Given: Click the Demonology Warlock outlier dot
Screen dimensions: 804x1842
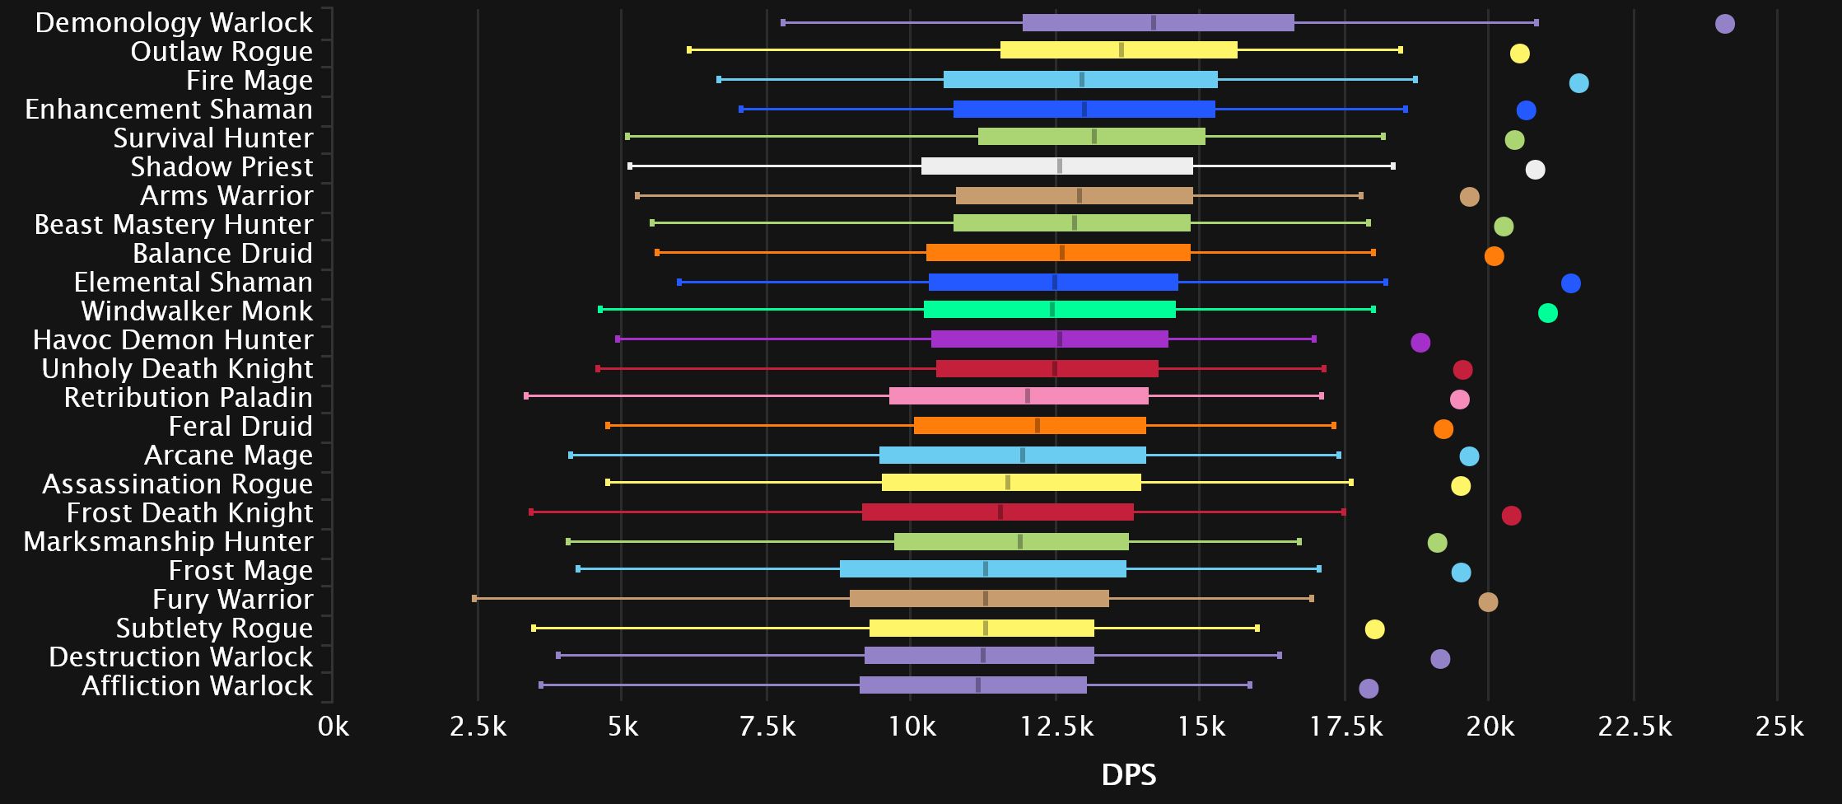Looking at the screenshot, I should pos(1724,24).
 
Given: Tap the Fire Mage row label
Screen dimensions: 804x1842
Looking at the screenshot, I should pos(249,81).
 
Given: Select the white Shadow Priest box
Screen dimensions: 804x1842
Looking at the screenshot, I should pos(1056,166).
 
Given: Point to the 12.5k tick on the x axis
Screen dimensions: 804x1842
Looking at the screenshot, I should pos(1056,727).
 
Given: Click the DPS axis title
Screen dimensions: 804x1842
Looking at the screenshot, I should pos(1128,775).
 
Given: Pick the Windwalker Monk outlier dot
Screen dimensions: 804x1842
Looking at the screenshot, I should pos(1547,313).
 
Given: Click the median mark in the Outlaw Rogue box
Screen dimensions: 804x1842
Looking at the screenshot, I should pos(1121,50).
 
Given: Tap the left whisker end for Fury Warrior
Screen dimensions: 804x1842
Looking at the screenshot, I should pos(474,599).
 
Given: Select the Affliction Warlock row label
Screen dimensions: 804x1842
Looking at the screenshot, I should pos(197,686).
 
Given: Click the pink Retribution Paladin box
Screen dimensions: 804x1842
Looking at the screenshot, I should pos(1019,396).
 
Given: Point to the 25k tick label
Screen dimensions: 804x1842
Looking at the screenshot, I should pos(1779,727).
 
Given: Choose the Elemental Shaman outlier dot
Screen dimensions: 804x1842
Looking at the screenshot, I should pos(1570,283).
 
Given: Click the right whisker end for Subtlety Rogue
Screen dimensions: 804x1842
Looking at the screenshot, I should pos(1257,629).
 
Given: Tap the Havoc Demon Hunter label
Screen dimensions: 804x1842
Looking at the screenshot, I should pos(173,340).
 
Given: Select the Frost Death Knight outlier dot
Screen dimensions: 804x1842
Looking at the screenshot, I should pos(1511,516).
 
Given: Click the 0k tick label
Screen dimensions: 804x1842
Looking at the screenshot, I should pos(333,727).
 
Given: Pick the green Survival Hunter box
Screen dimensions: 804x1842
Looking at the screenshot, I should pos(1091,137).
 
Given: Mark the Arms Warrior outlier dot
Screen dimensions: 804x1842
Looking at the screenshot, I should pos(1469,197).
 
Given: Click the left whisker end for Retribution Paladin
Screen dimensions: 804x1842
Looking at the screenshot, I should pos(526,396).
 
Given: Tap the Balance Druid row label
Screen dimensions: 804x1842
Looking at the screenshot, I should pos(222,254).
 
